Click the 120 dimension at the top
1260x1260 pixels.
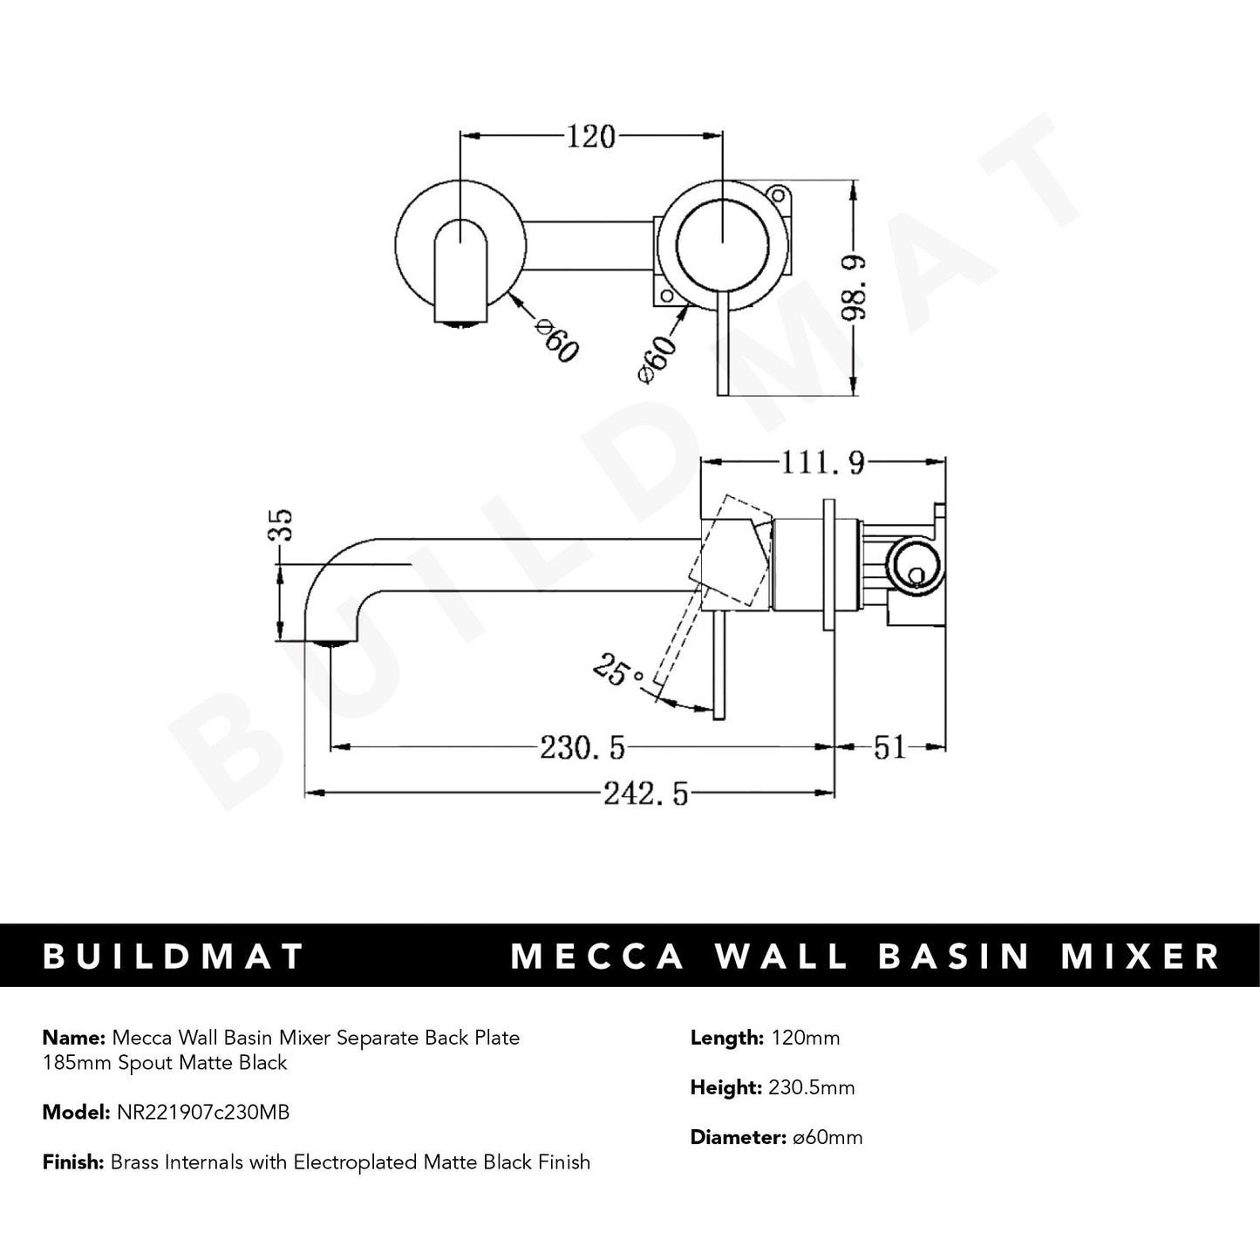(x=591, y=137)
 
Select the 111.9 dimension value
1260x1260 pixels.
(x=823, y=463)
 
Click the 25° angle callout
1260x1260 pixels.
(x=620, y=671)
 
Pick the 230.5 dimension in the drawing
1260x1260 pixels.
(x=582, y=747)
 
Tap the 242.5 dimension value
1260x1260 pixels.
(x=645, y=793)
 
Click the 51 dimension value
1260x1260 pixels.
(x=890, y=747)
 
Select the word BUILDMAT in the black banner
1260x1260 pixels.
(x=173, y=957)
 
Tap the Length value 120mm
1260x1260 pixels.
(x=805, y=1038)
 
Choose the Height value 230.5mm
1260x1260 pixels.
(x=812, y=1087)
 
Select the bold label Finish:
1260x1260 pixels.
(x=73, y=1162)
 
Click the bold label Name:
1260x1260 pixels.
(x=73, y=1038)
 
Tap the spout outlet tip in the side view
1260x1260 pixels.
(x=331, y=644)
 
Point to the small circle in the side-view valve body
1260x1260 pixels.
(x=916, y=574)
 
